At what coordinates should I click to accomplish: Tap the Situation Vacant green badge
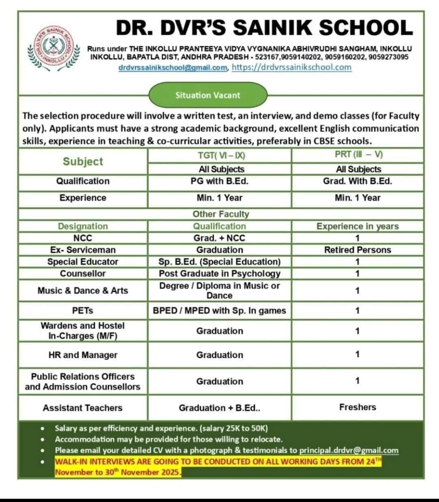pos(208,96)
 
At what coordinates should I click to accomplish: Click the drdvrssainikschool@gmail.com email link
pos(173,68)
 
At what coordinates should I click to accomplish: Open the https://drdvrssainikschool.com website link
pos(291,67)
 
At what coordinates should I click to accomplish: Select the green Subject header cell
pos(83,161)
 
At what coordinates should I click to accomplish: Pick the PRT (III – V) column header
pos(357,155)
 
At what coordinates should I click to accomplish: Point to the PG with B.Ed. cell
pos(219,181)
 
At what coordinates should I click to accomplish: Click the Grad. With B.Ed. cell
pos(357,181)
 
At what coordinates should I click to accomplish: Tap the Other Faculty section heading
pos(220,214)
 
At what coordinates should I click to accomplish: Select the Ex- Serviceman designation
pos(83,250)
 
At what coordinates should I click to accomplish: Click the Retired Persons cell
pos(357,250)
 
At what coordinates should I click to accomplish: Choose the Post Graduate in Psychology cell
pos(219,274)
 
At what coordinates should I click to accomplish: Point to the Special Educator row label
pos(83,262)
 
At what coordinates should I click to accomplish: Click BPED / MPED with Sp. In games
pos(219,311)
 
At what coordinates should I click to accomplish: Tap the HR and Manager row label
pos(83,355)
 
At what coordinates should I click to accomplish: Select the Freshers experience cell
pos(357,407)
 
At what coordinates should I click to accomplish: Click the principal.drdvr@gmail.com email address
pos(349,450)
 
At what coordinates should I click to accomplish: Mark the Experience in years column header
pos(357,226)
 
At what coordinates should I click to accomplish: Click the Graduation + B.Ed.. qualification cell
pos(219,408)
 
